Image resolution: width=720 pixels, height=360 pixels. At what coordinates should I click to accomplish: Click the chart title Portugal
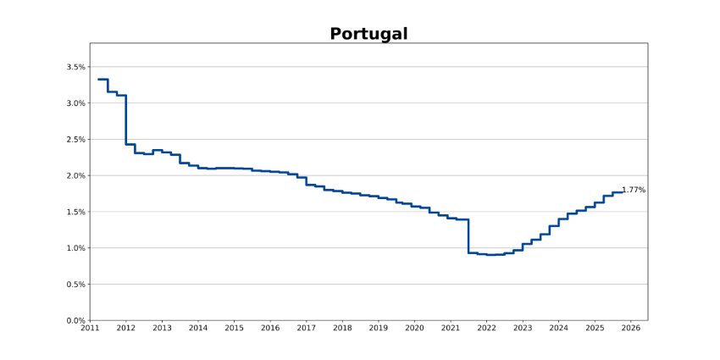(x=368, y=34)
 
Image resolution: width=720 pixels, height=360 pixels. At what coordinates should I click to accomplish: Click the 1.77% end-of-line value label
(x=634, y=191)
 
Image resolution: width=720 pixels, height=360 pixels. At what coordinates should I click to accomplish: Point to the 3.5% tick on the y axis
(x=75, y=67)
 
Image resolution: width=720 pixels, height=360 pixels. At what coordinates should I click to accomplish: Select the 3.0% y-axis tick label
(x=75, y=103)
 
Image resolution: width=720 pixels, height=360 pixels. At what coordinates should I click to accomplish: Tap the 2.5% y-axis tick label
(x=75, y=140)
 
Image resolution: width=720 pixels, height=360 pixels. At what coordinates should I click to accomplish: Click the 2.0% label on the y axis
(x=75, y=176)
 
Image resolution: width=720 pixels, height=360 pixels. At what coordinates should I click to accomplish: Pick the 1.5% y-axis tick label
(x=75, y=212)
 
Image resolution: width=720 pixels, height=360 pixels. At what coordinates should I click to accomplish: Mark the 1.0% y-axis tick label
(x=75, y=248)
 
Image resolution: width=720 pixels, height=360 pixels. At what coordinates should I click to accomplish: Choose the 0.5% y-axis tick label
(x=75, y=285)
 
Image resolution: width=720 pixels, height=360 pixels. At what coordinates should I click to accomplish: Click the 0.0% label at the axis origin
(x=75, y=321)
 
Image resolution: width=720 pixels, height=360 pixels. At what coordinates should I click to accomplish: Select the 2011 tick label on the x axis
(x=90, y=329)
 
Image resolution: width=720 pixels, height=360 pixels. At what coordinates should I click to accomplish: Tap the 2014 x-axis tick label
(x=198, y=329)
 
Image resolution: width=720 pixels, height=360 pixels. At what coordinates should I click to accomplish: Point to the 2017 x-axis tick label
(x=307, y=329)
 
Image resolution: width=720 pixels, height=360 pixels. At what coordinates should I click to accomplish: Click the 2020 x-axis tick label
(x=414, y=329)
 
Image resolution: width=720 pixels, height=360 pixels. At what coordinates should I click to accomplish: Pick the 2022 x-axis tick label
(x=486, y=329)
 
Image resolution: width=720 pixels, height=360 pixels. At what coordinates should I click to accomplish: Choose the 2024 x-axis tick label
(x=559, y=329)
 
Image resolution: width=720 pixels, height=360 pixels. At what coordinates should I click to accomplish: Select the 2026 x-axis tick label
(x=631, y=329)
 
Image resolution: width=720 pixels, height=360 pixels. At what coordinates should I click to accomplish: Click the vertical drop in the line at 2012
(x=126, y=119)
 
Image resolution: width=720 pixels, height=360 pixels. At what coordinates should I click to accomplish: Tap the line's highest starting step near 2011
(x=102, y=79)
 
